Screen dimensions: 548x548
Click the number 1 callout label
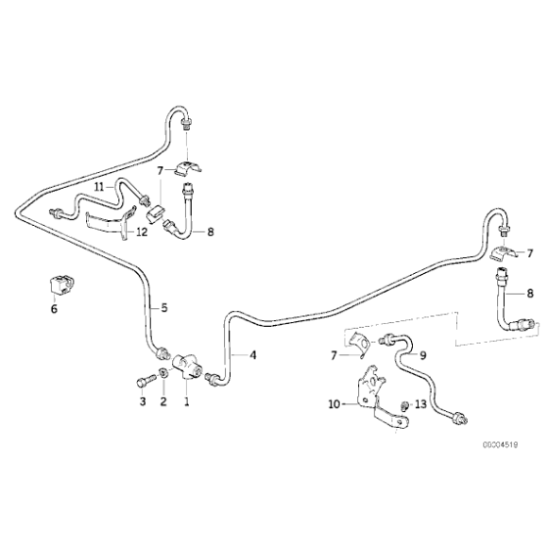click(x=187, y=402)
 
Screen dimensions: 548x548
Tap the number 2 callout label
click(x=163, y=402)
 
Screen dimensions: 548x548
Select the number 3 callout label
click(x=143, y=402)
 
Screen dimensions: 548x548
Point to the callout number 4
click(x=252, y=355)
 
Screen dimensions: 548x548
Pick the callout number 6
click(x=54, y=308)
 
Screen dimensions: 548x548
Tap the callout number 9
click(x=422, y=355)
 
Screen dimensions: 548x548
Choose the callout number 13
click(x=421, y=403)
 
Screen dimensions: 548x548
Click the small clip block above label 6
click(x=60, y=283)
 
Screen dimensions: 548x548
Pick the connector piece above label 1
click(x=189, y=365)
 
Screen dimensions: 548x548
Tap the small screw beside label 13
click(x=404, y=405)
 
